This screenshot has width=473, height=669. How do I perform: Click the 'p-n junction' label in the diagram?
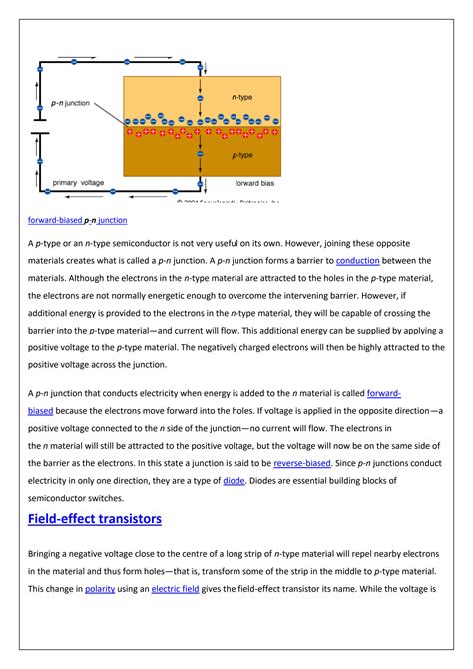pos(72,103)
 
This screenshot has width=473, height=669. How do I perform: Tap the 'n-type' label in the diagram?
pos(242,98)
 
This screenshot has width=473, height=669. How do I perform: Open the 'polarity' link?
pos(100,589)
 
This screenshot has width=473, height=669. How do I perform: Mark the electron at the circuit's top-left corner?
pos(39,67)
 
